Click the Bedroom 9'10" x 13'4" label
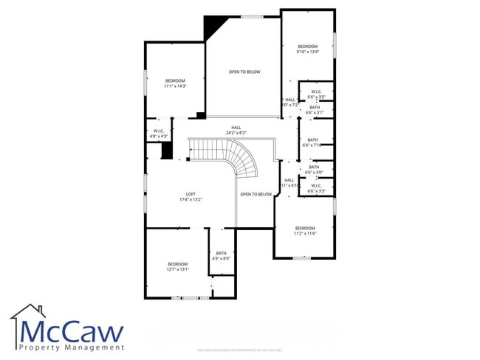coord(307,49)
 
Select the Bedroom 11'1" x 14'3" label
coord(175,83)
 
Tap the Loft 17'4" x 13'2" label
coord(191,197)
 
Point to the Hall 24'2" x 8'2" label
coord(236,130)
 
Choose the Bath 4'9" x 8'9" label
coord(222,256)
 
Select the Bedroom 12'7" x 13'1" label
coord(178,266)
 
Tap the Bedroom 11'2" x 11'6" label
coord(305,230)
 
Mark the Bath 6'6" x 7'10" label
coord(313,142)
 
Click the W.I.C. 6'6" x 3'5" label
coord(316,94)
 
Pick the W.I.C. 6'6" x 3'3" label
coord(316,188)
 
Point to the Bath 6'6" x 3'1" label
coord(315,110)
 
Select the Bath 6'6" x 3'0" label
coord(315,170)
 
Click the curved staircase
coord(244,159)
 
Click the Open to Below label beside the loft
coord(256,194)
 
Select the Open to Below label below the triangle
coord(244,72)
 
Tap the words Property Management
coord(70,347)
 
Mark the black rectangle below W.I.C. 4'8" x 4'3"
coord(167,150)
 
